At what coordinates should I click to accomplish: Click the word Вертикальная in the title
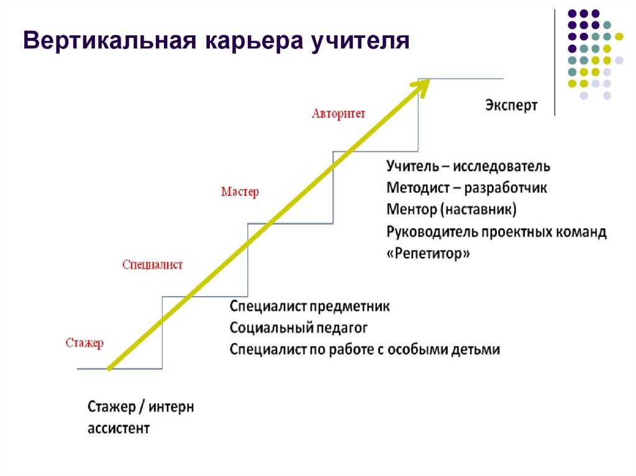(109, 40)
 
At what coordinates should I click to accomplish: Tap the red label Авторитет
(338, 114)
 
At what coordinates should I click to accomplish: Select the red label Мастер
(240, 191)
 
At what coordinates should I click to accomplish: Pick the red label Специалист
(153, 265)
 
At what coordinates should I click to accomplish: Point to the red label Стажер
(84, 343)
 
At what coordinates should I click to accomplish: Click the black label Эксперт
(511, 106)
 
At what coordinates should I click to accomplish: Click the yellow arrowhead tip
(429, 80)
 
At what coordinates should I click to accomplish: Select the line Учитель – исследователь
(468, 167)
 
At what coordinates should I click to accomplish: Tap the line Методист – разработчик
(467, 188)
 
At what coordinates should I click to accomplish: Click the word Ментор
(412, 210)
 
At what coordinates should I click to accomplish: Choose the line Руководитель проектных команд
(496, 232)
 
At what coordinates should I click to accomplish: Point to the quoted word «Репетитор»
(429, 253)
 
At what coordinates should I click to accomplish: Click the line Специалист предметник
(309, 307)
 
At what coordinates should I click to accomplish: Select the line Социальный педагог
(299, 328)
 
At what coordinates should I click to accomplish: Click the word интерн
(171, 407)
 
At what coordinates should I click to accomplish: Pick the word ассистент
(119, 429)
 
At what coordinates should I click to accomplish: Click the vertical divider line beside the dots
(555, 62)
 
